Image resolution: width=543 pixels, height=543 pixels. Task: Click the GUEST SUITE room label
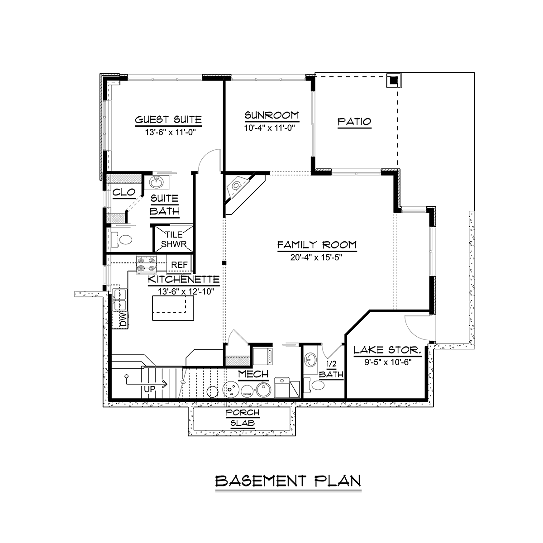click(168, 120)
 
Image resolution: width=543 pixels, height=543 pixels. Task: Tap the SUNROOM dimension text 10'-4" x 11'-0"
click(269, 128)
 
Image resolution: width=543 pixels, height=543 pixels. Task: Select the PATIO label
click(354, 122)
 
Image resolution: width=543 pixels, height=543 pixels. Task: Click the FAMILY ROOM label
click(317, 245)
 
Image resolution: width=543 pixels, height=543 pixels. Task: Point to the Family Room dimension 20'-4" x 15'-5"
click(316, 257)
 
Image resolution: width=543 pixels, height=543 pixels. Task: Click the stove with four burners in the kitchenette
click(146, 265)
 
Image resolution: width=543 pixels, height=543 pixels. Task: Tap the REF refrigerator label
click(179, 265)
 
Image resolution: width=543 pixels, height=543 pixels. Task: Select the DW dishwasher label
click(124, 320)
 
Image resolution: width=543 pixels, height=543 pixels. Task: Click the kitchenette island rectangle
click(173, 308)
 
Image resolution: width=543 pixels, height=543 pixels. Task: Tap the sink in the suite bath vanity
click(157, 182)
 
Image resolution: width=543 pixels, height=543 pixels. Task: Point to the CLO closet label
click(124, 192)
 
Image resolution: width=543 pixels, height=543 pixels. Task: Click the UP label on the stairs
click(150, 389)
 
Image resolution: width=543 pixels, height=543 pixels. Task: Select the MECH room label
click(253, 374)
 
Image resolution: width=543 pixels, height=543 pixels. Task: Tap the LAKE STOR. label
click(387, 350)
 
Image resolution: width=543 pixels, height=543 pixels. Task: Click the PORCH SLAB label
click(243, 418)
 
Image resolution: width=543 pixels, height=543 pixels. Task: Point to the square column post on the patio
click(394, 81)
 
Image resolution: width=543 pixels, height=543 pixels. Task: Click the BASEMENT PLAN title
click(288, 481)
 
